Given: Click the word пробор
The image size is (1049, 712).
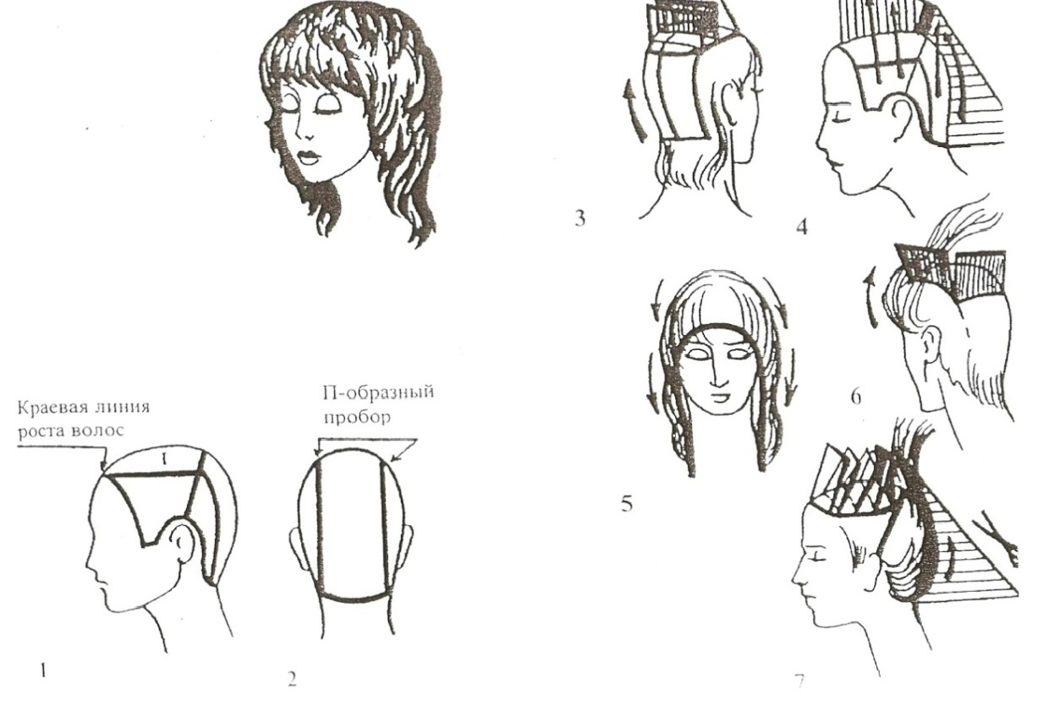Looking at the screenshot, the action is [x=357, y=417].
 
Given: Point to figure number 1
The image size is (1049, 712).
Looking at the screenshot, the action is [x=43, y=671].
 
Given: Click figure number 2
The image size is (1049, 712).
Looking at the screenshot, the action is [x=292, y=679].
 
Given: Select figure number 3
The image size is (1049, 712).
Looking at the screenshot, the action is [x=580, y=219].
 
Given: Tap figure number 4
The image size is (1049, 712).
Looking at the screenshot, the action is [x=802, y=227].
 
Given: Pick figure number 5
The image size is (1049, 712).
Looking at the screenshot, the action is [x=627, y=504].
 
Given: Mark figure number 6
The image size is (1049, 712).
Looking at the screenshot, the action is [x=855, y=397].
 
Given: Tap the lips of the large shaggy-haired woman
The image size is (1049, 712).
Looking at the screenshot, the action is [x=309, y=158].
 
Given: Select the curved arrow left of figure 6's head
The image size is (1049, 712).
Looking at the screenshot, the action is [x=870, y=298].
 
